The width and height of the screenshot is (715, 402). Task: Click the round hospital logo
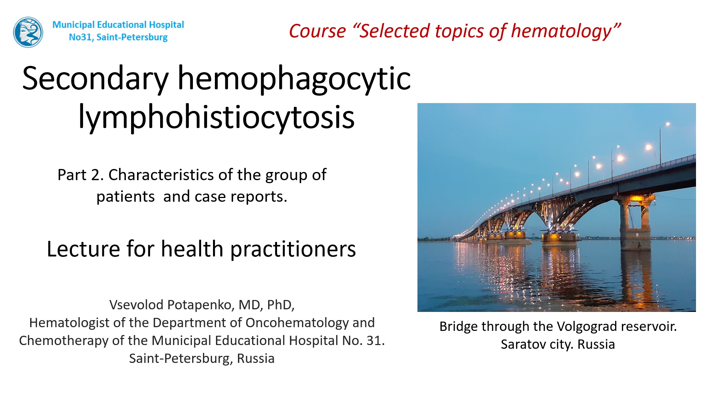coord(28,32)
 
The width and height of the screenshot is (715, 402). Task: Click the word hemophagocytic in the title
coord(294,79)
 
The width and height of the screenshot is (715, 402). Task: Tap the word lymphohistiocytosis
coord(216,117)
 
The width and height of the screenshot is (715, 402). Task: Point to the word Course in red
coord(317,31)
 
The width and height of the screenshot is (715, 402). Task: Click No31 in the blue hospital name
coord(80,37)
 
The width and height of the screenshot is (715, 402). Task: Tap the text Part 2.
coord(80,175)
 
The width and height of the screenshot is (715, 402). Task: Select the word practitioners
coord(293,249)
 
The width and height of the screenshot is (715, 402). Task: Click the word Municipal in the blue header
coord(73,25)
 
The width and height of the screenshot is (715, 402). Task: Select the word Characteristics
coord(161,175)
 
